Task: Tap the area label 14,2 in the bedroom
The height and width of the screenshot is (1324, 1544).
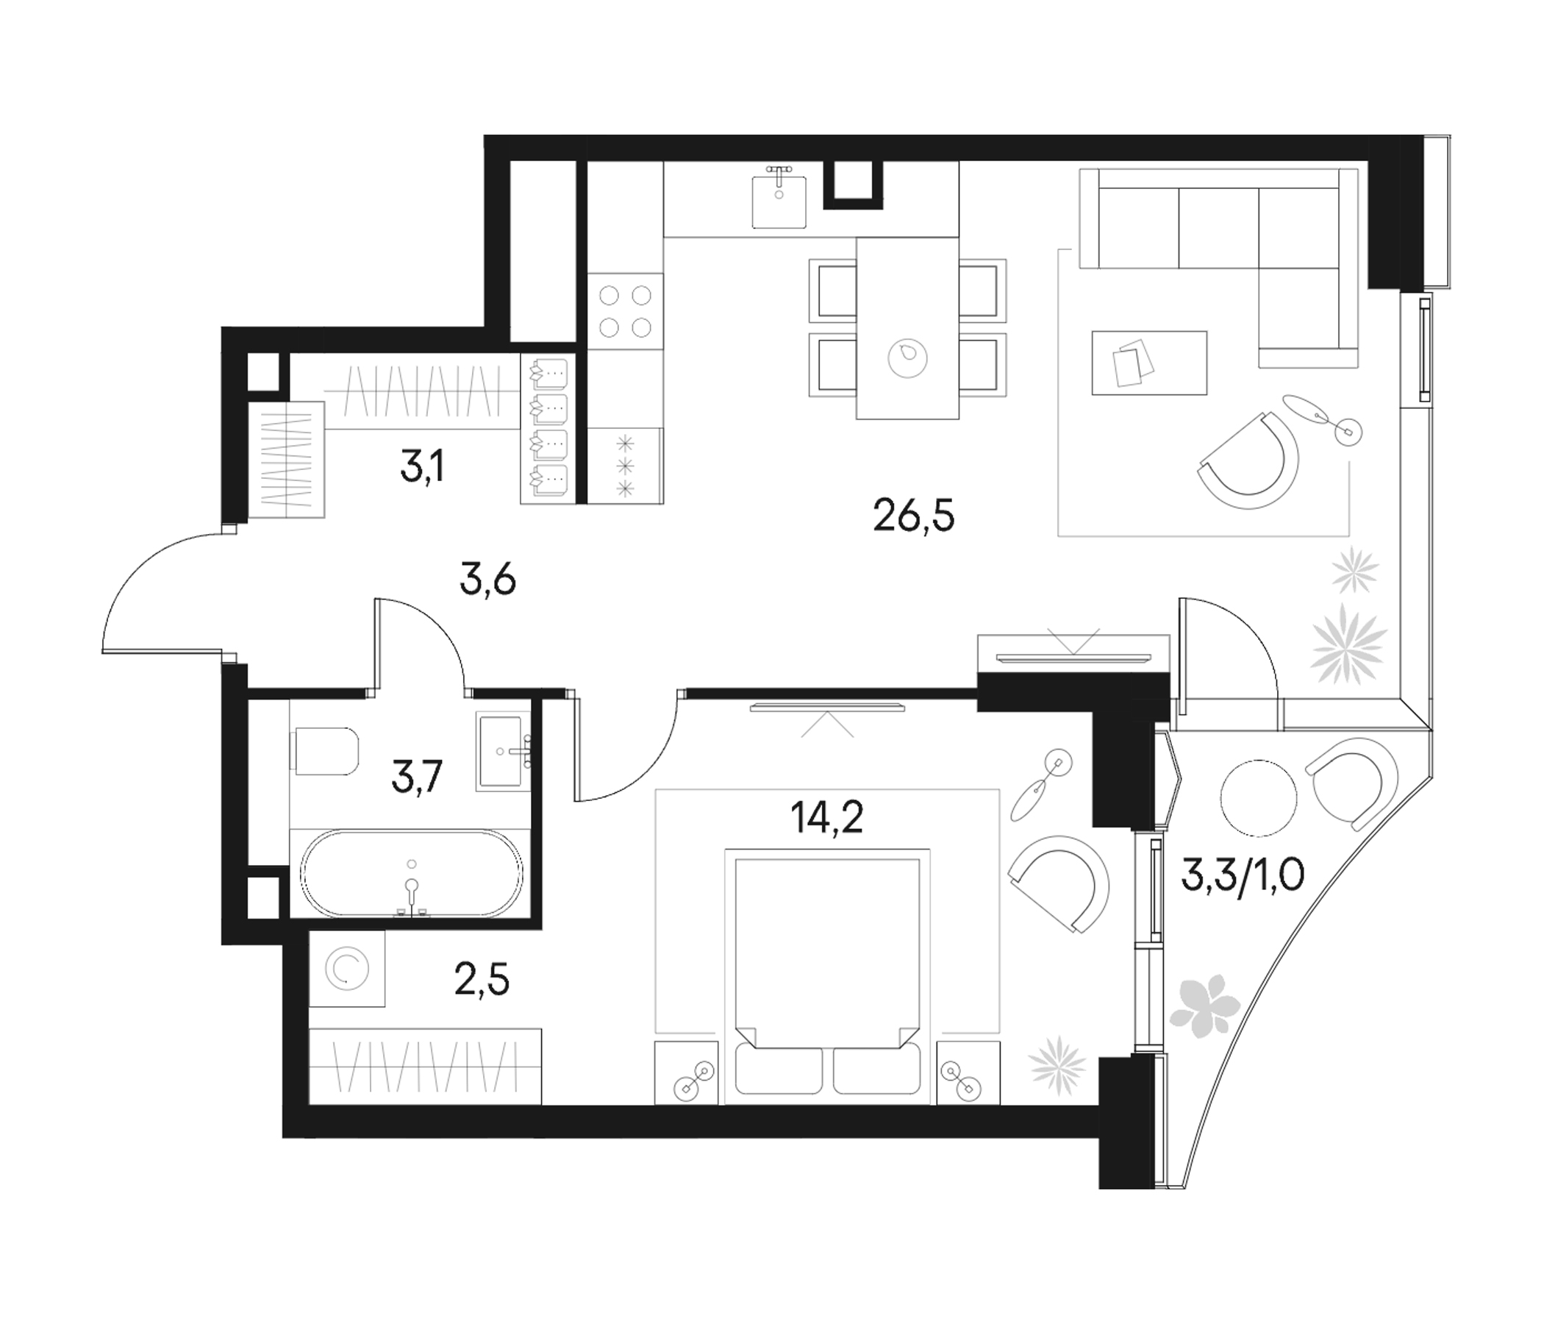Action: click(x=827, y=819)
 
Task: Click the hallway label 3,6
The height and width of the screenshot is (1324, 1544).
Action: click(x=488, y=580)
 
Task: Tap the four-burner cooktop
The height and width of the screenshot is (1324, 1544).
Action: click(x=625, y=311)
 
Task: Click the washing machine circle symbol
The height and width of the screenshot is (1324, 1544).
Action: click(x=347, y=969)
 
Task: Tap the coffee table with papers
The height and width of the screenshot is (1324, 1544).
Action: click(x=1148, y=363)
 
